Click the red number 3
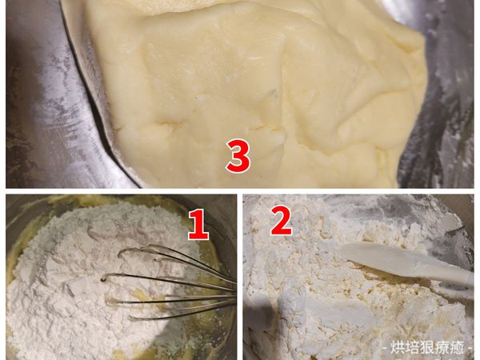coord(238,155)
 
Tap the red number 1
coord(198,224)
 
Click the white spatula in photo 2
coord(407,263)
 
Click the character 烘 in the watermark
coord(398,348)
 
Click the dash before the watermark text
coord(386,349)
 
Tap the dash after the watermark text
coord(468,349)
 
